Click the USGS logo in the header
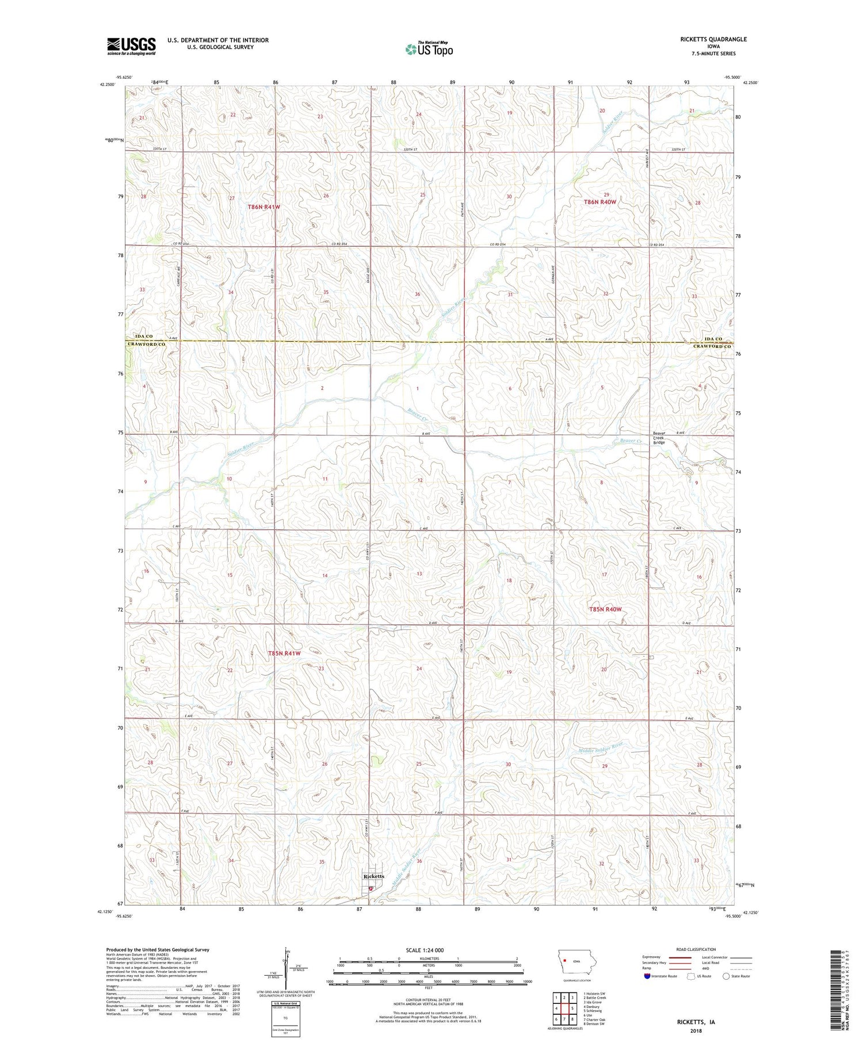click(131, 46)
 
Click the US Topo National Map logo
click(429, 49)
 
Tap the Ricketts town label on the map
click(373, 876)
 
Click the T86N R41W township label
click(264, 207)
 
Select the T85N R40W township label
click(605, 609)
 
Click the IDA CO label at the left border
click(144, 336)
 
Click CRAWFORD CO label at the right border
click(712, 346)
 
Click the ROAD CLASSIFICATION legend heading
click(696, 949)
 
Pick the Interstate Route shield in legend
click(647, 976)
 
